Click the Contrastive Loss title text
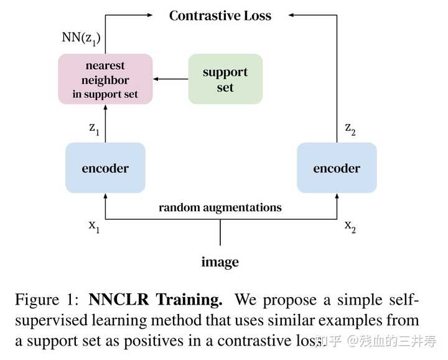coord(220,15)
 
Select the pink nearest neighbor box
coord(105,79)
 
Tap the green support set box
coord(225,79)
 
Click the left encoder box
coord(105,168)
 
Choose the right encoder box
coord(337,168)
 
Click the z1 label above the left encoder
coord(95,128)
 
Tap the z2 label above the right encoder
coord(350,128)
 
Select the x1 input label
coord(94,225)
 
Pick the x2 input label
coord(350,225)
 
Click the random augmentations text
coord(220,207)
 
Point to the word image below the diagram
coord(220,262)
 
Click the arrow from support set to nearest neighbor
coord(170,79)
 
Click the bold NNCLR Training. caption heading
coord(156,300)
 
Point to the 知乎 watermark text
coord(328,340)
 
